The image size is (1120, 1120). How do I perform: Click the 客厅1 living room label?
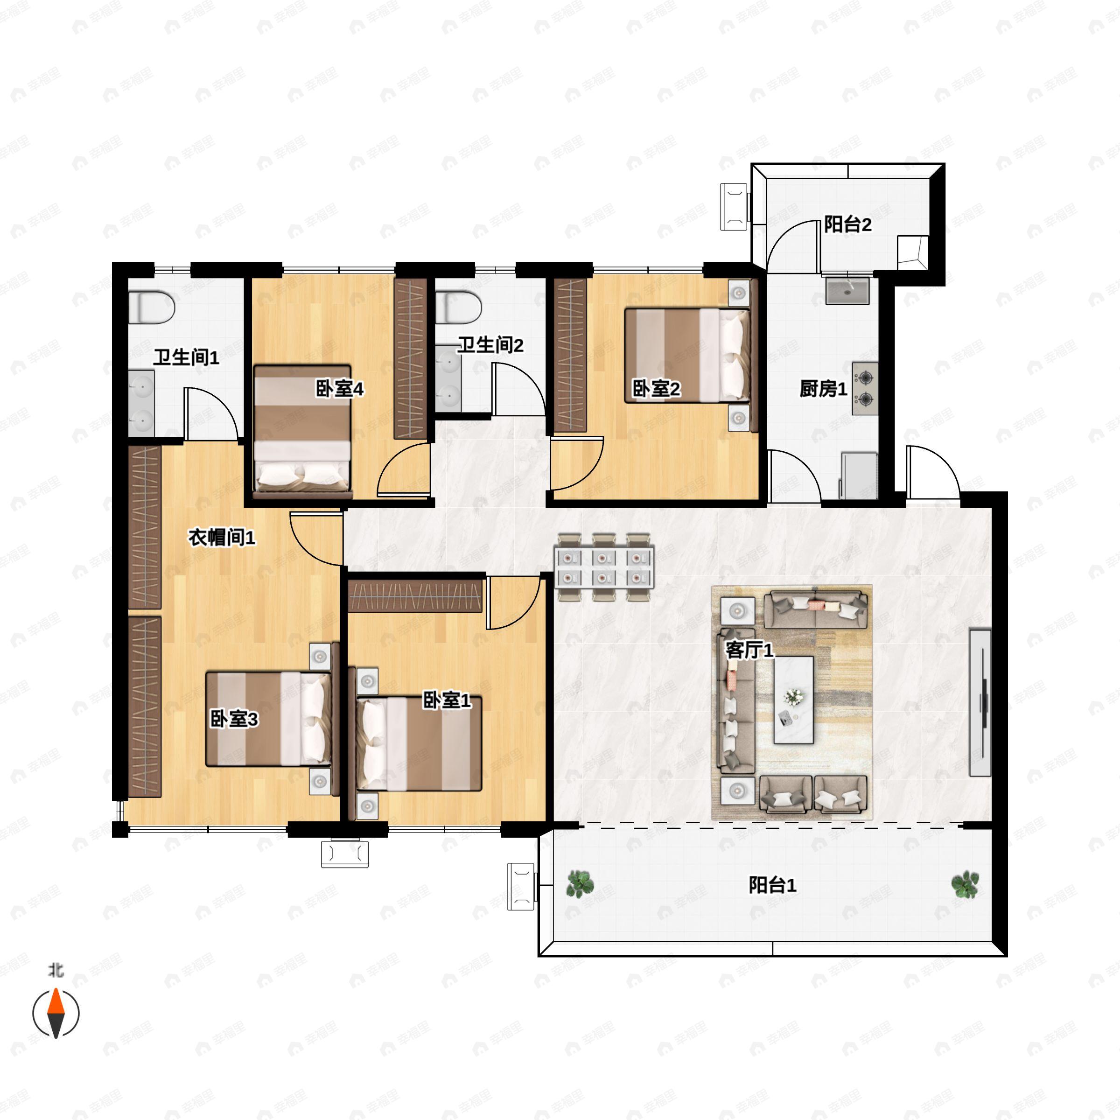[749, 650]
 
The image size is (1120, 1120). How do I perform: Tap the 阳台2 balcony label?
[847, 224]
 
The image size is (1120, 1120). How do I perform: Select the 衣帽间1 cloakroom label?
[222, 538]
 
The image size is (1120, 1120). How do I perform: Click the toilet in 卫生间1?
[151, 307]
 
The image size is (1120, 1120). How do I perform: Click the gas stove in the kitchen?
[865, 388]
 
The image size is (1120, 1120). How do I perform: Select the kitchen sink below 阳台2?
[848, 290]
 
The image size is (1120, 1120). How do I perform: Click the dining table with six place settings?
[604, 567]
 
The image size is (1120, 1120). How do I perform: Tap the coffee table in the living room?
[794, 700]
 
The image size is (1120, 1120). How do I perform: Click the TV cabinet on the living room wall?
[980, 702]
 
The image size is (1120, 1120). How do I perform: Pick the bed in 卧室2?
[687, 355]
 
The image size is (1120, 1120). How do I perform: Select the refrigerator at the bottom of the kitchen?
[859, 476]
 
